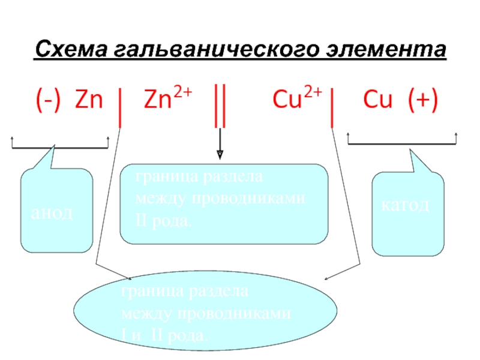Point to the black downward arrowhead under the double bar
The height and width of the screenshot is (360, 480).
pyautogui.click(x=220, y=154)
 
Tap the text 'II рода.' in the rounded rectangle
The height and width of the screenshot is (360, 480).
pyautogui.click(x=164, y=223)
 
